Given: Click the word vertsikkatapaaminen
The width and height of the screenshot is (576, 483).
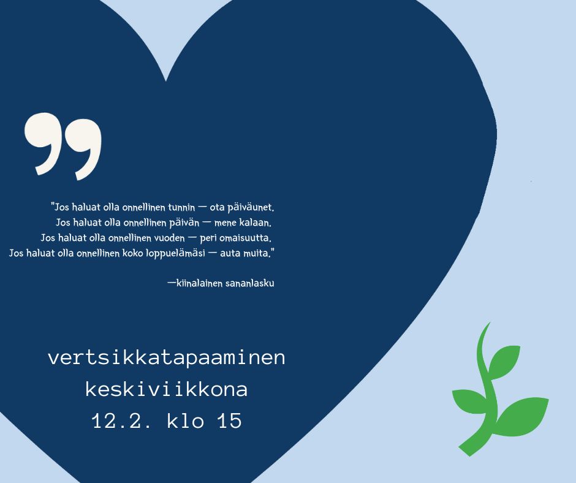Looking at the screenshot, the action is (x=167, y=358).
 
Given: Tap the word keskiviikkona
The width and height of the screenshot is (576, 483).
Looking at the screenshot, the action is (x=167, y=389).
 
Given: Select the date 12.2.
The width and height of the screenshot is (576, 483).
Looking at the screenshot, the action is (x=121, y=421).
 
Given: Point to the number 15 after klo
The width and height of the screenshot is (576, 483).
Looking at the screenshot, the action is (x=230, y=421).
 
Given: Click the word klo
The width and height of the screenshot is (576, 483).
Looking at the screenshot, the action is (x=186, y=421).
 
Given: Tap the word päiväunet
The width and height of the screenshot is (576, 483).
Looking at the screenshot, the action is (x=251, y=208).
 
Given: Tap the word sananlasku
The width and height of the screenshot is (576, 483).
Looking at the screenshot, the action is (x=250, y=283).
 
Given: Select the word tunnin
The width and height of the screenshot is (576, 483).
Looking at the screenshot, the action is (x=181, y=208).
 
